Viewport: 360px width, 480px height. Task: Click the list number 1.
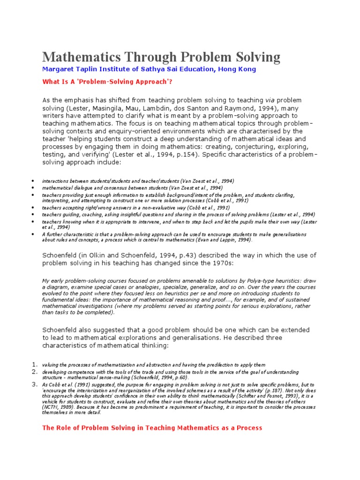(34, 365)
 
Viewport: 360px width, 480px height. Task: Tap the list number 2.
(34, 372)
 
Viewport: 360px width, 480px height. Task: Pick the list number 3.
(34, 384)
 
